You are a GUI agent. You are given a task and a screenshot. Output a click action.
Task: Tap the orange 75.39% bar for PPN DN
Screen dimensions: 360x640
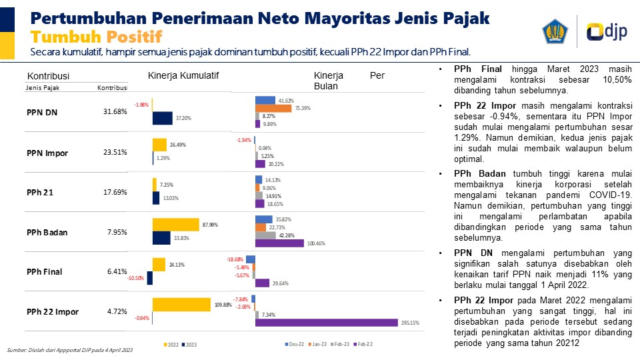point(273,108)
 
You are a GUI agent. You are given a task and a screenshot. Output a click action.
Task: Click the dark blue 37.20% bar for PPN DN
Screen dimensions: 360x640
point(163,118)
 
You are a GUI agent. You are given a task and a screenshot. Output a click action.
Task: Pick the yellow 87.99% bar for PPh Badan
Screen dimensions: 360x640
point(176,225)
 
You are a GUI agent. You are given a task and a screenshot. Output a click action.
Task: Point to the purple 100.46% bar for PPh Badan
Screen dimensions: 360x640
point(279,243)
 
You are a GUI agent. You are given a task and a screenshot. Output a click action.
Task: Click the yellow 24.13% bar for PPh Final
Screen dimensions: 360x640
point(159,265)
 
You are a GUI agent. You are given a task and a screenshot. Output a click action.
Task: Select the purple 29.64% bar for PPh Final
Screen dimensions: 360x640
point(263,283)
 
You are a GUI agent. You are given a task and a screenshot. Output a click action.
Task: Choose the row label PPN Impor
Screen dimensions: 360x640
point(47,153)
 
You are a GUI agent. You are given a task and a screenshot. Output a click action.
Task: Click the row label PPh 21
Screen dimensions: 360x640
point(40,193)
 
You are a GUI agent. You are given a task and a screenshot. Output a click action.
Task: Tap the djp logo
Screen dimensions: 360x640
point(604,32)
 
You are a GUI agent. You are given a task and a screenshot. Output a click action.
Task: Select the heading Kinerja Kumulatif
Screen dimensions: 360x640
point(183,75)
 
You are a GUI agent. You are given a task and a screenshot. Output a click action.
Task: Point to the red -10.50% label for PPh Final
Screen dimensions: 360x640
point(137,278)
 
